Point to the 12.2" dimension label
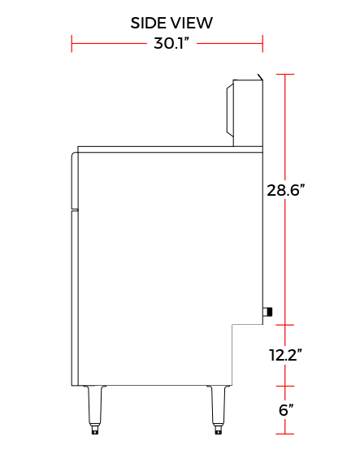[285, 355]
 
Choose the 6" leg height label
[285, 410]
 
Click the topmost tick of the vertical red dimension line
[284, 74]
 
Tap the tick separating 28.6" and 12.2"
[284, 323]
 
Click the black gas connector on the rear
[267, 312]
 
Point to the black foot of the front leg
[95, 430]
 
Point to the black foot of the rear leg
[218, 430]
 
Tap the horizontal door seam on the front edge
[74, 209]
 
